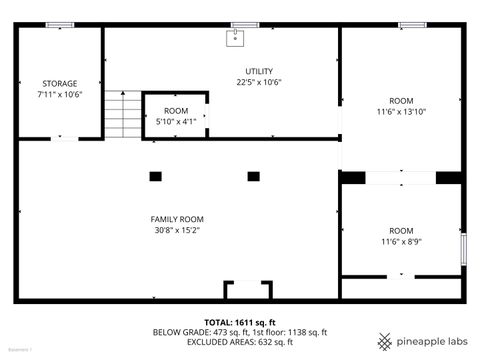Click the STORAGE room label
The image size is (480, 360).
pos(60,83)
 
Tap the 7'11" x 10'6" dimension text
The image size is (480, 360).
pos(60,94)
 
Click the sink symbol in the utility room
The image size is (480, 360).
pos(236,39)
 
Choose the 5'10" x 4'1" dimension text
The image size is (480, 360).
pos(176,121)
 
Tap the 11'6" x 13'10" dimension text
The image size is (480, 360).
pos(401,112)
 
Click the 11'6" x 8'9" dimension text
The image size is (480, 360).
pos(401,241)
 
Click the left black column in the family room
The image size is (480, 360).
pos(155,176)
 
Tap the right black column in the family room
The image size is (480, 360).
pos(254,176)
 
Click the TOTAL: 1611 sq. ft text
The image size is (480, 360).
pos(240,322)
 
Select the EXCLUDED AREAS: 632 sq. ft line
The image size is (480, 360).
pos(240,342)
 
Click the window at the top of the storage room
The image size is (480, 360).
pos(59,24)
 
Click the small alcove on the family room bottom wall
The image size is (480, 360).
pos(247,291)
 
